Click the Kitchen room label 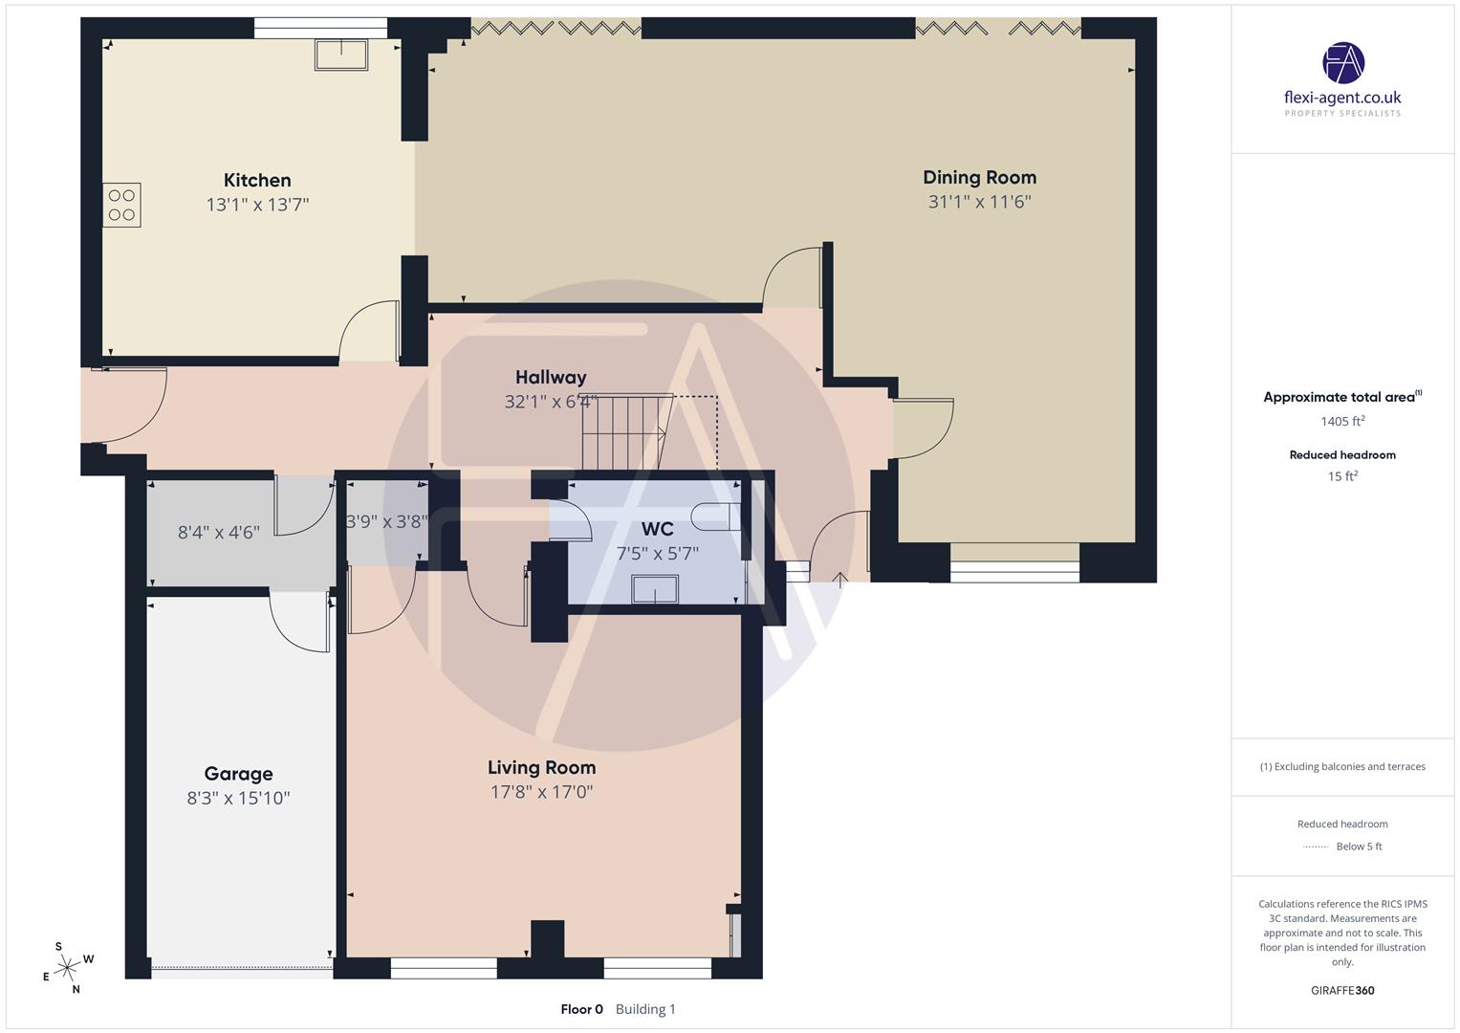[257, 180]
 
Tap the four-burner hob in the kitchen [121, 205]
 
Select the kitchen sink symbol [340, 55]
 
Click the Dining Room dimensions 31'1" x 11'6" [979, 202]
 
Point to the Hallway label [551, 377]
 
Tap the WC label [657, 529]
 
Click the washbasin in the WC [655, 589]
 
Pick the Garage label [238, 774]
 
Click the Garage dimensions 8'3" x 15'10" [238, 798]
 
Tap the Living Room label [541, 767]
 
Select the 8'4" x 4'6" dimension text [218, 532]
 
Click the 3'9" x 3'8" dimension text [385, 521]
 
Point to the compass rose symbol [67, 968]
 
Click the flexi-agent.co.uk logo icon [1342, 62]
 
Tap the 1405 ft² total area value [1342, 421]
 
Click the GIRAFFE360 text [1342, 990]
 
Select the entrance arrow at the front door [840, 577]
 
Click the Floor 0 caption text [581, 1009]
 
